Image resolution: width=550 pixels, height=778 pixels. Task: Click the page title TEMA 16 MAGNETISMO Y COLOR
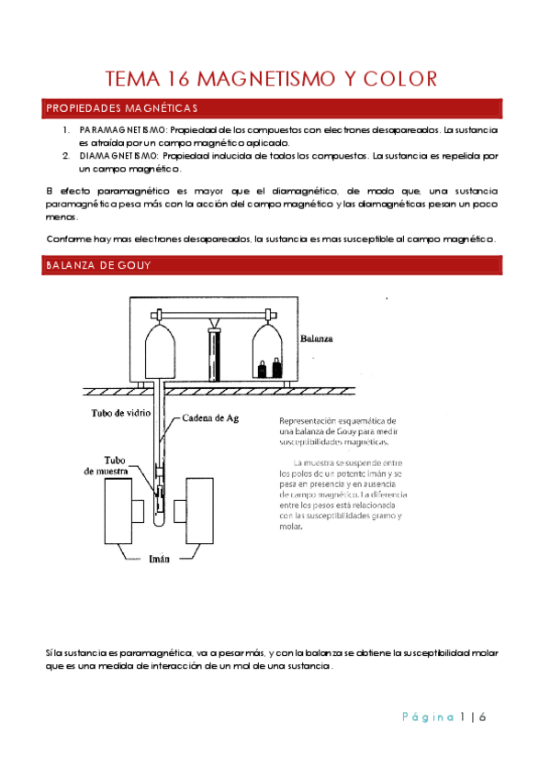tap(271, 79)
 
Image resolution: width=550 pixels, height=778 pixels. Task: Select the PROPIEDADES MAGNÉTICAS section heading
tap(122, 108)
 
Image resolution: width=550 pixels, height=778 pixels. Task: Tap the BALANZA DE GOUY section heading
tap(98, 265)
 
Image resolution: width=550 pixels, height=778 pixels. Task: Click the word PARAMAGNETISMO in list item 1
tap(123, 130)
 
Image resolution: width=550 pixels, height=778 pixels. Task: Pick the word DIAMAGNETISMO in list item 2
tap(118, 156)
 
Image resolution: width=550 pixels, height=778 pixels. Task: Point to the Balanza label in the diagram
tap(316, 339)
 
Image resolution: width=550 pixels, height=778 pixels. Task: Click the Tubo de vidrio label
tap(120, 413)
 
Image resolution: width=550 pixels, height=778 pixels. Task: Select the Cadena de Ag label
tap(210, 418)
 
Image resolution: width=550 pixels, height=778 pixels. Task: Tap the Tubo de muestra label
tap(107, 466)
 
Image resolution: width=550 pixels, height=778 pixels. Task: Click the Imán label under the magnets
tap(160, 559)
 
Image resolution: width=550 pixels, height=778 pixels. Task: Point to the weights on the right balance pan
tap(270, 368)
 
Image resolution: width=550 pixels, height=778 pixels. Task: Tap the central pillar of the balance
tap(215, 353)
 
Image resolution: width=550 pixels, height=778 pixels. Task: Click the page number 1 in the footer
tap(463, 717)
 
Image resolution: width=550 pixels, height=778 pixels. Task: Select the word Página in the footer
tap(428, 717)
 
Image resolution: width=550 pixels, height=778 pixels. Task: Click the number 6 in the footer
tap(482, 717)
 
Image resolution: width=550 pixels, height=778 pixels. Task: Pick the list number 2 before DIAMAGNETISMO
tap(66, 156)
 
